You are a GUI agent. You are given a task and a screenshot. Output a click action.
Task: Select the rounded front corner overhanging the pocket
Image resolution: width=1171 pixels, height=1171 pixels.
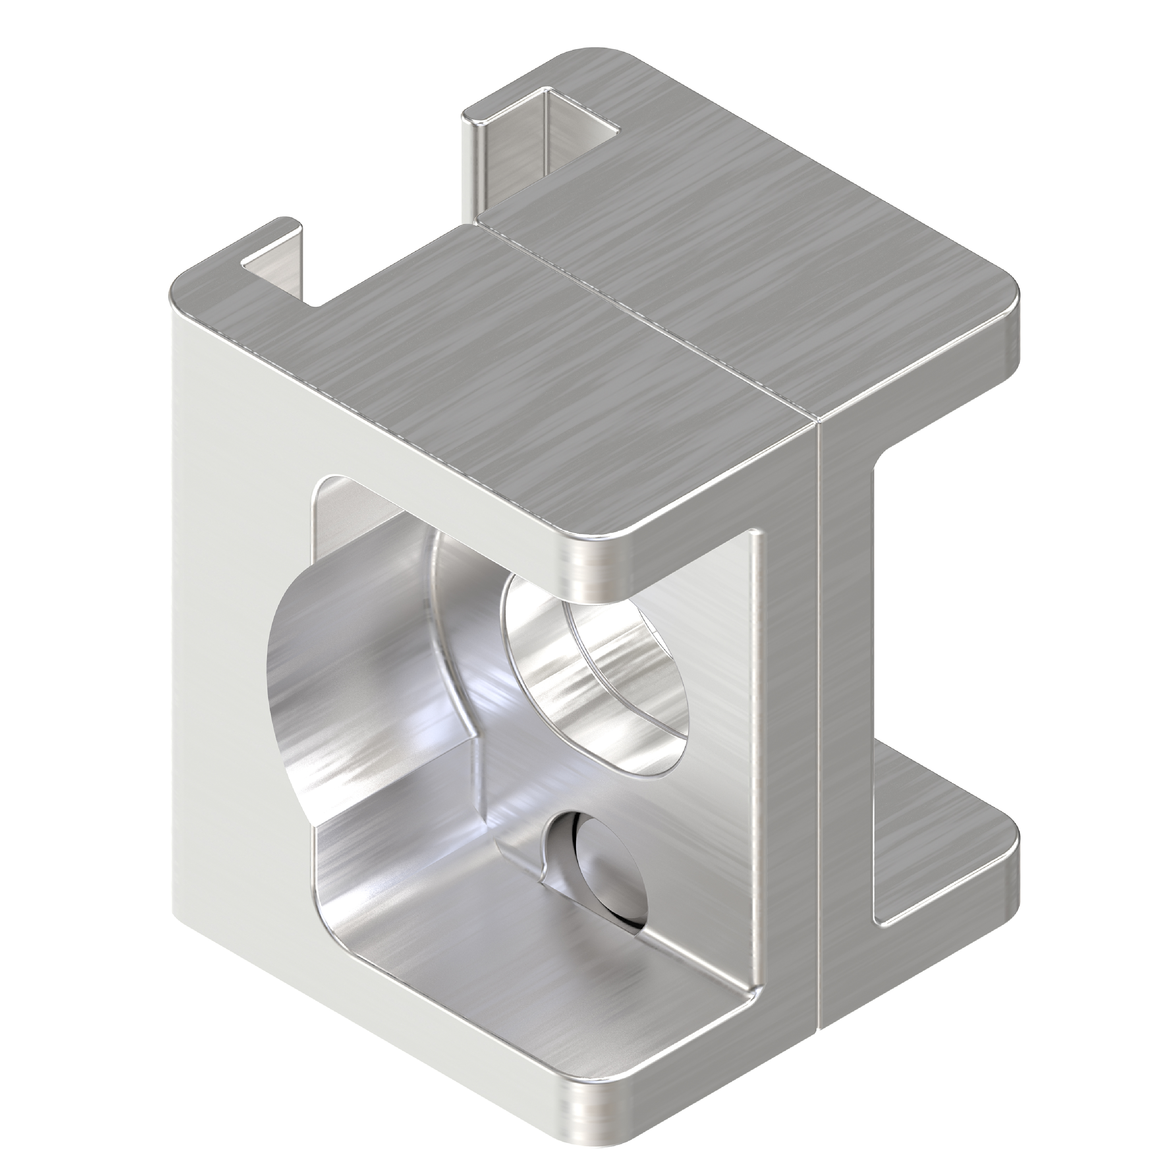click(x=591, y=555)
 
